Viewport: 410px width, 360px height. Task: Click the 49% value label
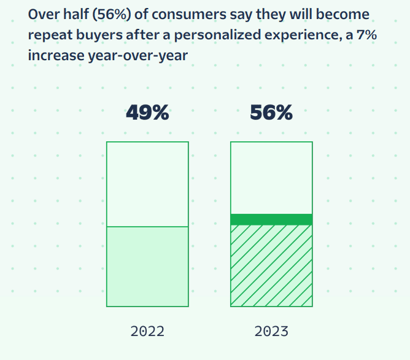(147, 113)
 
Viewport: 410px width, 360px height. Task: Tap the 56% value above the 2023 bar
(271, 113)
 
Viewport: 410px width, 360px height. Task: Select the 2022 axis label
(147, 332)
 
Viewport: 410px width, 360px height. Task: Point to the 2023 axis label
(271, 332)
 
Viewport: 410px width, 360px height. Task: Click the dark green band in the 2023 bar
(271, 219)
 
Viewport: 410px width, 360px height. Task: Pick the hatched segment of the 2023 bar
(271, 265)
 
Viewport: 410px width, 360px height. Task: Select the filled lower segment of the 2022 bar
(147, 266)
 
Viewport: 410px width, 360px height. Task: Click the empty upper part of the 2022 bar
(147, 184)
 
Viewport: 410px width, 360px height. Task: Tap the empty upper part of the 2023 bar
(271, 178)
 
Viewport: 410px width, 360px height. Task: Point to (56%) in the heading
(109, 14)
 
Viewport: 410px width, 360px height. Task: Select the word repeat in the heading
(47, 35)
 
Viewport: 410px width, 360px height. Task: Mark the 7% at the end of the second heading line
(365, 35)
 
